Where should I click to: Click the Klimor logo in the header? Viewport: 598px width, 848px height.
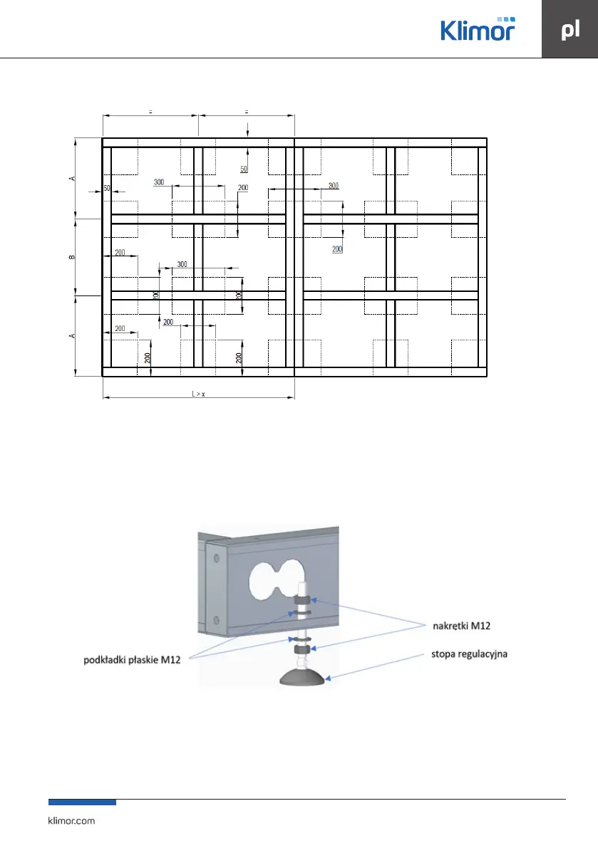click(x=477, y=30)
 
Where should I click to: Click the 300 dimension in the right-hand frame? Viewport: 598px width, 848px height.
click(x=334, y=186)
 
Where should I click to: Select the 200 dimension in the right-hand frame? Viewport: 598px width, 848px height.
click(x=337, y=249)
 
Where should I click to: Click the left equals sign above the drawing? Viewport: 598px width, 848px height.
click(x=150, y=111)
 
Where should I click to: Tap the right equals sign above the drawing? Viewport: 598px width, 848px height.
click(x=246, y=111)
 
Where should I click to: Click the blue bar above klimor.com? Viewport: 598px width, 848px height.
click(x=82, y=802)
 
